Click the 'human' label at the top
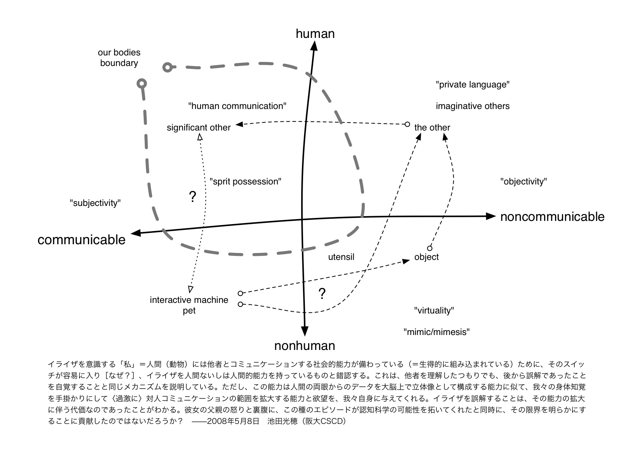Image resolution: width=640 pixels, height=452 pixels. tap(315, 34)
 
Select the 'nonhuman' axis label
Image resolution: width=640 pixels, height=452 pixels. tap(305, 346)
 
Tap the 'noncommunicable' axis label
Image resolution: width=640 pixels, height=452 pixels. tap(552, 217)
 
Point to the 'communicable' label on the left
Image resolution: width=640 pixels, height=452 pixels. tap(81, 239)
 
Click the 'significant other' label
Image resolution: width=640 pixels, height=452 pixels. tap(199, 128)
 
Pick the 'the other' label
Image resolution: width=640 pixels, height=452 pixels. tap(432, 128)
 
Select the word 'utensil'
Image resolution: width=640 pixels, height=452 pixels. tap(341, 257)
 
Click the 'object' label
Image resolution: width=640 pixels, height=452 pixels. tap(426, 257)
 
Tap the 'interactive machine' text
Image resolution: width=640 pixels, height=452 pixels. tap(189, 300)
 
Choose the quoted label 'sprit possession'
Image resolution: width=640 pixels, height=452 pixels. tap(245, 182)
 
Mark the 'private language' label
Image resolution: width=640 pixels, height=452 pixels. tap(473, 85)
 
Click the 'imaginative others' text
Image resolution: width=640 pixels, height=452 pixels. tap(473, 106)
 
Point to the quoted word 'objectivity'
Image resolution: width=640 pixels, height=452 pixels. tap(524, 182)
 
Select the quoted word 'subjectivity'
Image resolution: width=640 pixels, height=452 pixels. tap(95, 203)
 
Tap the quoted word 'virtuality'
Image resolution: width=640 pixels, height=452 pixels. tap(434, 311)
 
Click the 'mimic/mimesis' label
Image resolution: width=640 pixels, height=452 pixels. tap(437, 332)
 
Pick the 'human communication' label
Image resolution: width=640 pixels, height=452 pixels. tap(237, 106)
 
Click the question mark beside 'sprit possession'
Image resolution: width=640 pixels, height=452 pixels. tap(193, 197)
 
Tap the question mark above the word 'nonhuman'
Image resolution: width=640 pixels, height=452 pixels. tap(322, 294)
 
